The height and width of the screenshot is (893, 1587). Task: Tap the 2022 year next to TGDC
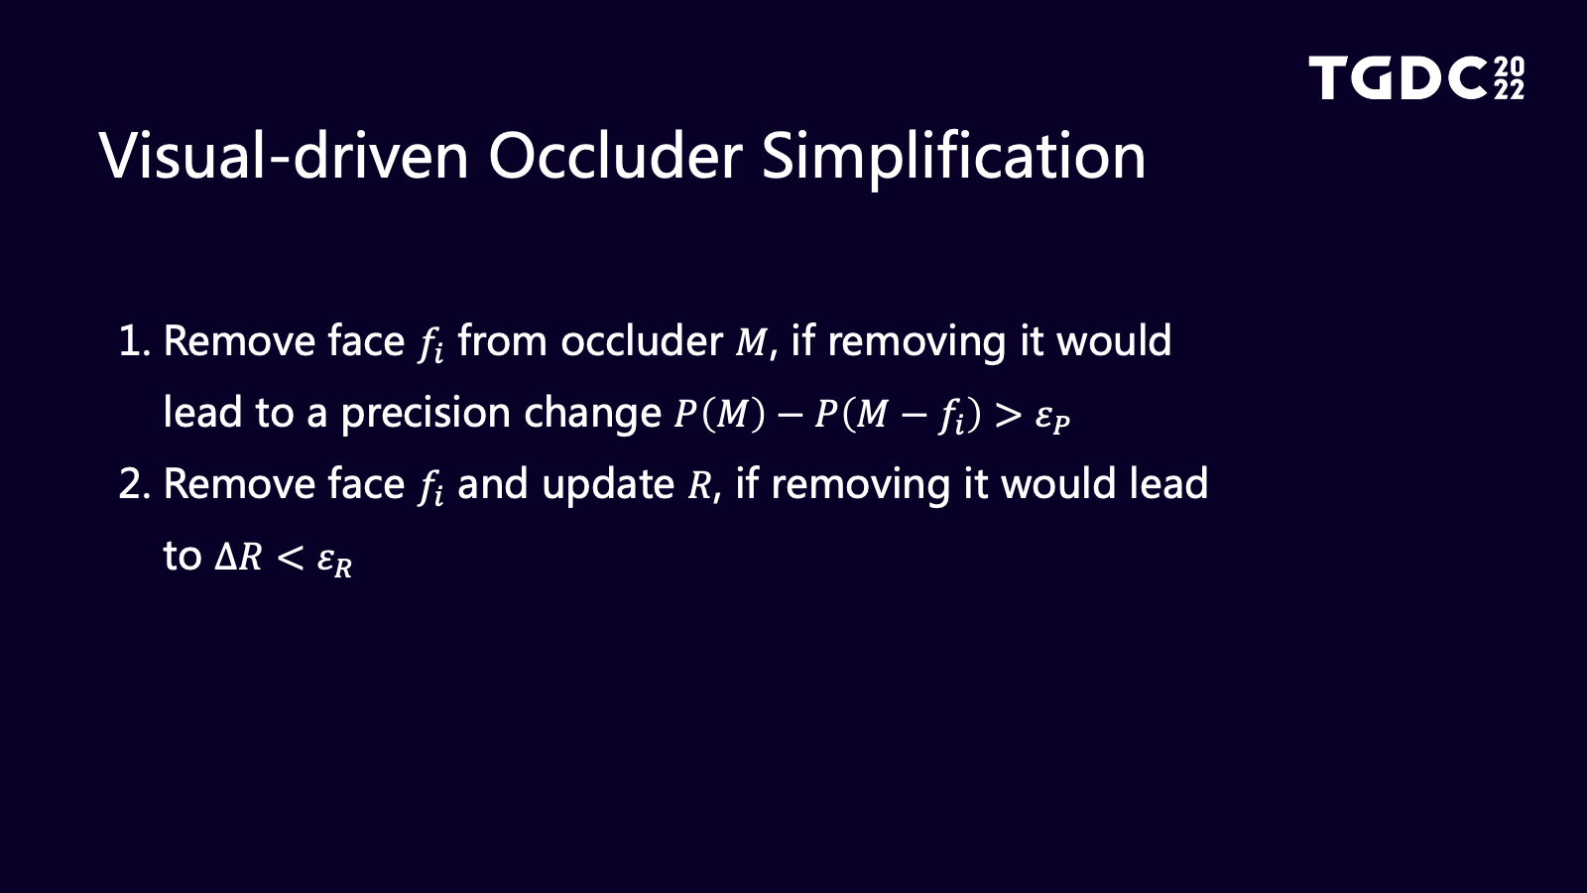(1509, 78)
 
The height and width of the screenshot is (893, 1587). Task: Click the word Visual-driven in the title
(284, 155)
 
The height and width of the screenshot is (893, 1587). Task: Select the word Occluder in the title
(616, 155)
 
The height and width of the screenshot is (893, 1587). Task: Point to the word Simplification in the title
(953, 159)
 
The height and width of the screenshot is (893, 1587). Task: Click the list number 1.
(134, 341)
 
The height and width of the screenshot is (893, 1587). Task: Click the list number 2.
(135, 484)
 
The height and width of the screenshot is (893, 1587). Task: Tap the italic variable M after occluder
(751, 343)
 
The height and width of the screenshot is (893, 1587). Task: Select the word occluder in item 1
(641, 341)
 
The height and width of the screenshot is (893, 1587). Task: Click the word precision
(426, 414)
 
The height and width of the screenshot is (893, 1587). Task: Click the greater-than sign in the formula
(1008, 416)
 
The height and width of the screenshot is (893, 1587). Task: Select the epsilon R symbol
(334, 563)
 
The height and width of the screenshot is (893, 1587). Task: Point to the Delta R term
(238, 557)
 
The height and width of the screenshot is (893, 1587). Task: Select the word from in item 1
(502, 341)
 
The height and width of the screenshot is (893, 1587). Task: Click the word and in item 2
(492, 484)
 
